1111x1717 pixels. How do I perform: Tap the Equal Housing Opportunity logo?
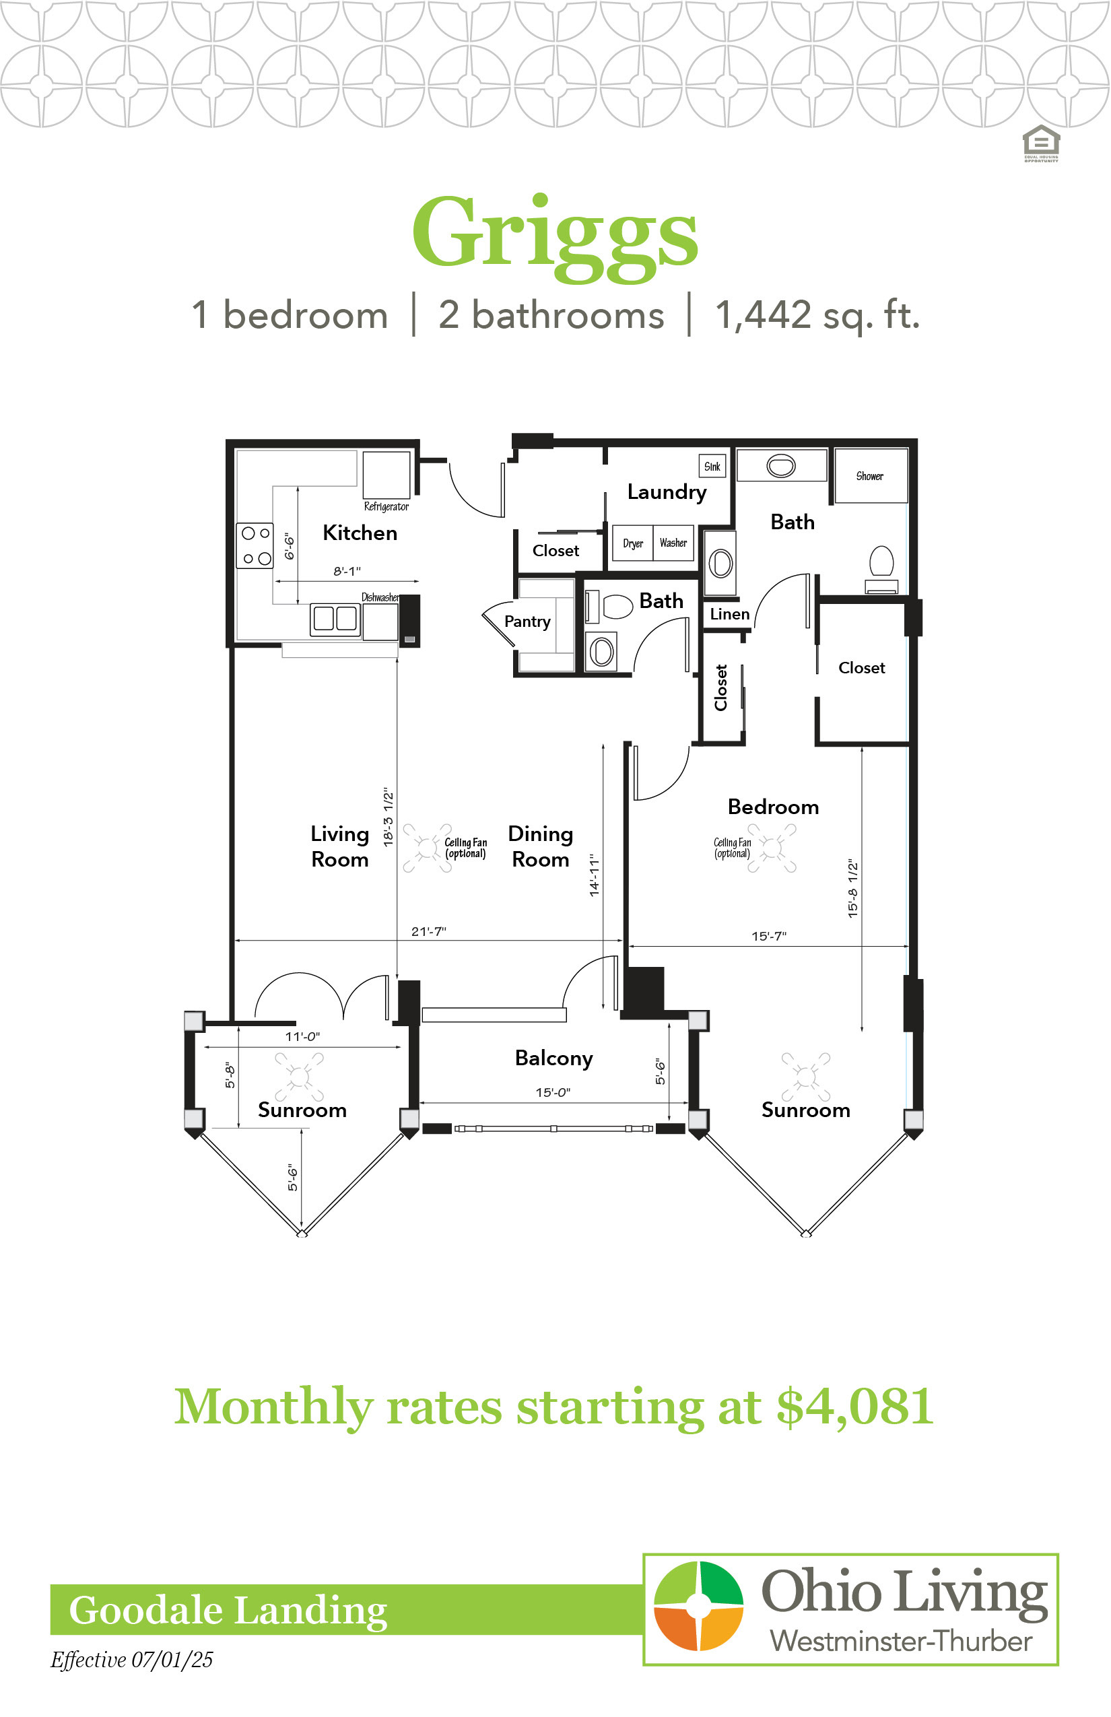pyautogui.click(x=1041, y=143)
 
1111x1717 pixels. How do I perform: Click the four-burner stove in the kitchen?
pyautogui.click(x=255, y=545)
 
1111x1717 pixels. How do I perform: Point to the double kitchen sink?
pyautogui.click(x=335, y=619)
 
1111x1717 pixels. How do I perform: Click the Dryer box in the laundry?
pyautogui.click(x=633, y=543)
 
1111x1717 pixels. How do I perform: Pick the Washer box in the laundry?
pyautogui.click(x=673, y=543)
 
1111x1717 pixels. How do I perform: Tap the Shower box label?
pyautogui.click(x=869, y=476)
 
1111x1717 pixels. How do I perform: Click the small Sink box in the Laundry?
pyautogui.click(x=712, y=466)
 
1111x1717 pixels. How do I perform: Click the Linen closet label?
pyautogui.click(x=729, y=614)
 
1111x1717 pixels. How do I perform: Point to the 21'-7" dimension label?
pyautogui.click(x=428, y=931)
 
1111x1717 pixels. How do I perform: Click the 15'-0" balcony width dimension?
pyautogui.click(x=553, y=1092)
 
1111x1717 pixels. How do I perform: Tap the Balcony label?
pyautogui.click(x=554, y=1058)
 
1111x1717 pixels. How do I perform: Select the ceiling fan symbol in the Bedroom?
pyautogui.click(x=772, y=848)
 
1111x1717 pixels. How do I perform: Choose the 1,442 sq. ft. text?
pyautogui.click(x=817, y=315)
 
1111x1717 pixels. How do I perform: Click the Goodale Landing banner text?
pyautogui.click(x=228, y=1609)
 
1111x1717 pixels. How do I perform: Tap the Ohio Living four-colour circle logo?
pyautogui.click(x=698, y=1605)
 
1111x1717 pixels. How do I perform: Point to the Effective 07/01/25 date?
pyautogui.click(x=132, y=1659)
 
